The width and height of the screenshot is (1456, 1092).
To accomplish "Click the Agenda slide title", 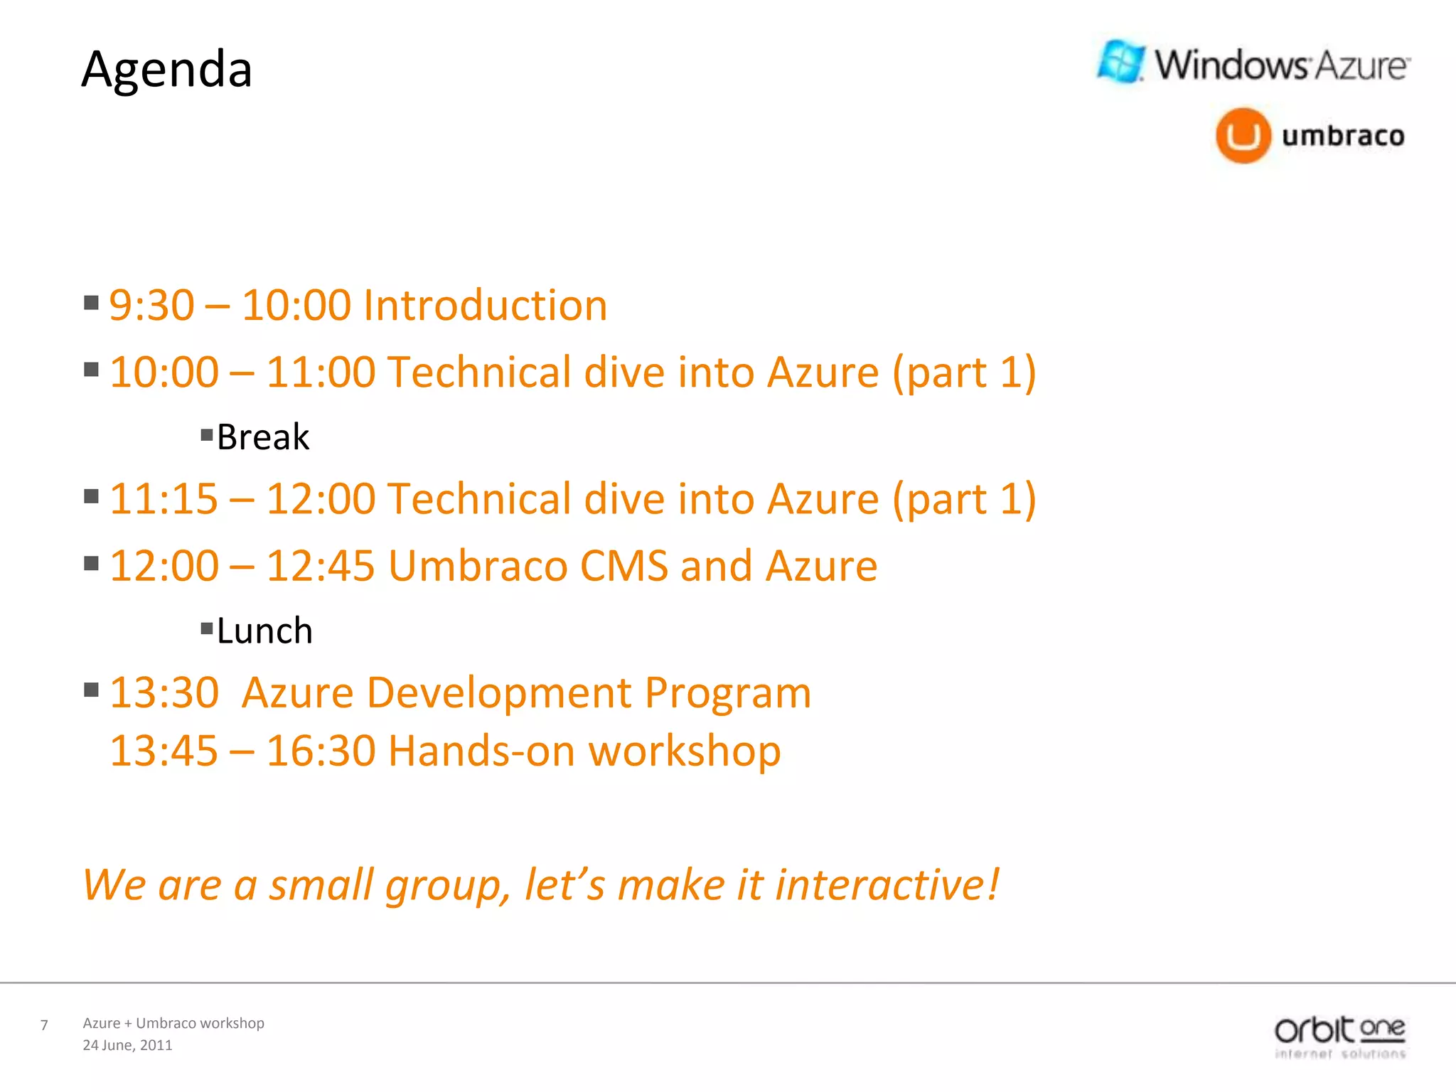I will click(167, 70).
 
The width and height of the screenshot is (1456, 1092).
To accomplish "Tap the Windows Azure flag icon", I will click(1121, 62).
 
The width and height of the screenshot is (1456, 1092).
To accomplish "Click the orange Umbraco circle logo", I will click(1243, 135).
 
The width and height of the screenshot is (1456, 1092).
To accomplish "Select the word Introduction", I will click(485, 306).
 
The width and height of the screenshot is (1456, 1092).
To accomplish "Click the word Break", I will click(262, 437).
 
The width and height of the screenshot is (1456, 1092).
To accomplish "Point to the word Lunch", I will click(264, 631).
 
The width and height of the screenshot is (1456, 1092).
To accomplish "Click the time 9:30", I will click(151, 306).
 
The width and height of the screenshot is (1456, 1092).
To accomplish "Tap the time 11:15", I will click(164, 499).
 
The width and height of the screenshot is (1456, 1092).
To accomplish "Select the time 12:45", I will click(320, 566).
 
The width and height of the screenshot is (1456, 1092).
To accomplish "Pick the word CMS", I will click(623, 566).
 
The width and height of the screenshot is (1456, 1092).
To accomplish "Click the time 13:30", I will click(164, 692).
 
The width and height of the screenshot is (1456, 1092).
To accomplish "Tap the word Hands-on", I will click(481, 751).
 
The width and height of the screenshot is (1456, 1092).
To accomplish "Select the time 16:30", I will click(320, 751).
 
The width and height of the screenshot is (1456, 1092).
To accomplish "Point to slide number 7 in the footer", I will click(44, 1025).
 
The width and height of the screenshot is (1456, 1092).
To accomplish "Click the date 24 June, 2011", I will click(127, 1045).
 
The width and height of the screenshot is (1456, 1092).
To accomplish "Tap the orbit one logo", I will click(1339, 1037).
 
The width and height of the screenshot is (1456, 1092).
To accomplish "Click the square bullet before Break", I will click(207, 434).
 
